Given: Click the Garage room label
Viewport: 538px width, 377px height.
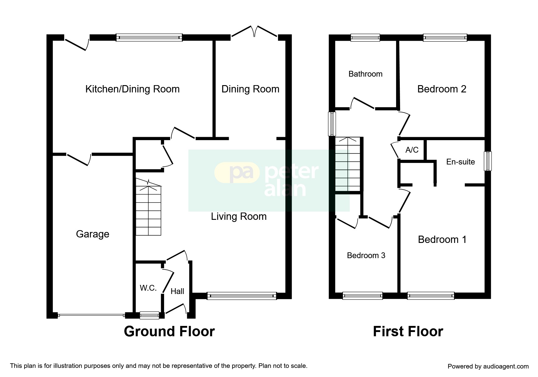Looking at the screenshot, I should (x=92, y=234).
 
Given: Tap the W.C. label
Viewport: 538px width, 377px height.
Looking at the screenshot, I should (x=148, y=288).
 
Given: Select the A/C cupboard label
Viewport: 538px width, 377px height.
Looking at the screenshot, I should (x=412, y=150).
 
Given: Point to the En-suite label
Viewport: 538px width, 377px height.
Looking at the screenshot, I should (x=460, y=162).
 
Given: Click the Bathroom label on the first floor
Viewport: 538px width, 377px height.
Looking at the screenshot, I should (x=365, y=74).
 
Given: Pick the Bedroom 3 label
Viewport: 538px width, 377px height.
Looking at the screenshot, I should (x=366, y=255).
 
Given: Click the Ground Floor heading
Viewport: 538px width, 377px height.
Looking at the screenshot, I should (x=169, y=331).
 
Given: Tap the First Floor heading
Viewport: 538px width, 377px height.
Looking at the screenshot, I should (x=408, y=331).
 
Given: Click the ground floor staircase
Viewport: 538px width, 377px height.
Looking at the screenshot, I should (x=148, y=210).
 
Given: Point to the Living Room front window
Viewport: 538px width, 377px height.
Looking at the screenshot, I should (x=242, y=296).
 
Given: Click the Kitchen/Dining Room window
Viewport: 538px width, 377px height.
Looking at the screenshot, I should (x=149, y=37).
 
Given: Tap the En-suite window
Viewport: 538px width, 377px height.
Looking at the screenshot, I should (x=487, y=161).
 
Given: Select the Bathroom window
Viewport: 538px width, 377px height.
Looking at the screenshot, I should (x=365, y=37).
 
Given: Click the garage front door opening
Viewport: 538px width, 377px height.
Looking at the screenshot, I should (x=91, y=315).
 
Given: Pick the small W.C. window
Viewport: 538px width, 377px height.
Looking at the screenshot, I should (x=149, y=316).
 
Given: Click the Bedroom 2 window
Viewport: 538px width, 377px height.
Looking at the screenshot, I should (x=445, y=37).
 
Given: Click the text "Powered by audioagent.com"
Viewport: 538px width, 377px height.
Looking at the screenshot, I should (x=488, y=366).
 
